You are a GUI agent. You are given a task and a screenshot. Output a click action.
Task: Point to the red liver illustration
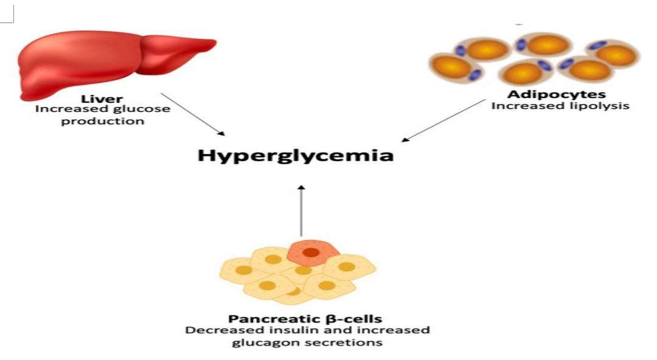(103, 64)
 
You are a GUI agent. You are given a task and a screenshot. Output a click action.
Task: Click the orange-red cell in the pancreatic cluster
(311, 252)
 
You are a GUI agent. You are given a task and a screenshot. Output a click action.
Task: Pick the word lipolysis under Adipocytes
(603, 106)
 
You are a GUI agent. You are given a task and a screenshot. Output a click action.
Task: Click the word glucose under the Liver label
(147, 109)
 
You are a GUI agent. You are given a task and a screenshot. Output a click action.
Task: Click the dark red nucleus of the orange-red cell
(311, 252)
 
